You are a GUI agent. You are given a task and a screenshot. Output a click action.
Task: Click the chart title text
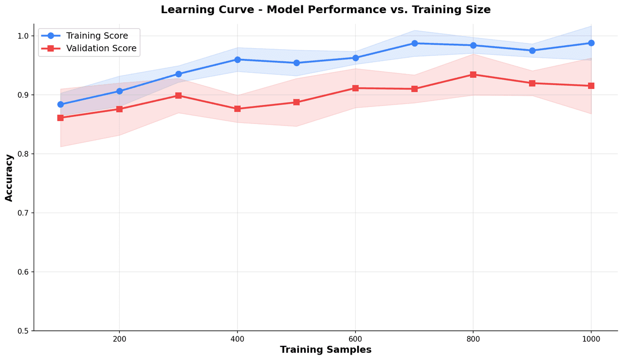(326, 10)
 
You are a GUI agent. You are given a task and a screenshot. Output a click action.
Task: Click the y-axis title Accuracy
(9, 178)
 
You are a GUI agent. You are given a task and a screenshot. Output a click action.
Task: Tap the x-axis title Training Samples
(326, 350)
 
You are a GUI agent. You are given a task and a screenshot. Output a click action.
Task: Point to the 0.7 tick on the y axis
(23, 213)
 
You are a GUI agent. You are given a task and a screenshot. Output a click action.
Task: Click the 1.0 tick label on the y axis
(23, 36)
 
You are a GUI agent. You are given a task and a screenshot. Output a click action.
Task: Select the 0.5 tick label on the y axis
(23, 331)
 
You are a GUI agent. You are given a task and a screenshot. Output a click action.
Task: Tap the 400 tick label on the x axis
(238, 338)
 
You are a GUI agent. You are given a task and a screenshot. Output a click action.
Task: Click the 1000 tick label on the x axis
(591, 338)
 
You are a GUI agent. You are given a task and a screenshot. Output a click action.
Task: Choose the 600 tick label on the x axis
(355, 338)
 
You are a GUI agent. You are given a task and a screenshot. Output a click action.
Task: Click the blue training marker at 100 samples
(60, 105)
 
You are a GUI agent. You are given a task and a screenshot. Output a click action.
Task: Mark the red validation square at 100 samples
(60, 118)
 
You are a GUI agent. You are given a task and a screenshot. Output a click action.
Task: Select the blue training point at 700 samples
(414, 43)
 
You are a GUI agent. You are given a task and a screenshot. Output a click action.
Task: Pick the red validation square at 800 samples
(473, 74)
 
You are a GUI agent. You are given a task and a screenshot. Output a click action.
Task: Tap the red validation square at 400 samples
(238, 109)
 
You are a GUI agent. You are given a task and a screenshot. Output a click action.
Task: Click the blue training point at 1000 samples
(591, 43)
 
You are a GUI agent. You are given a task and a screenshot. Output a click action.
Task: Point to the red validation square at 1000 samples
(591, 86)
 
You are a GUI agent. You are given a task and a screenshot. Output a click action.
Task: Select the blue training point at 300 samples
(179, 74)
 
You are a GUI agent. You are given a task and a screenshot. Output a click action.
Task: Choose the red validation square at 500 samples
(296, 102)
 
